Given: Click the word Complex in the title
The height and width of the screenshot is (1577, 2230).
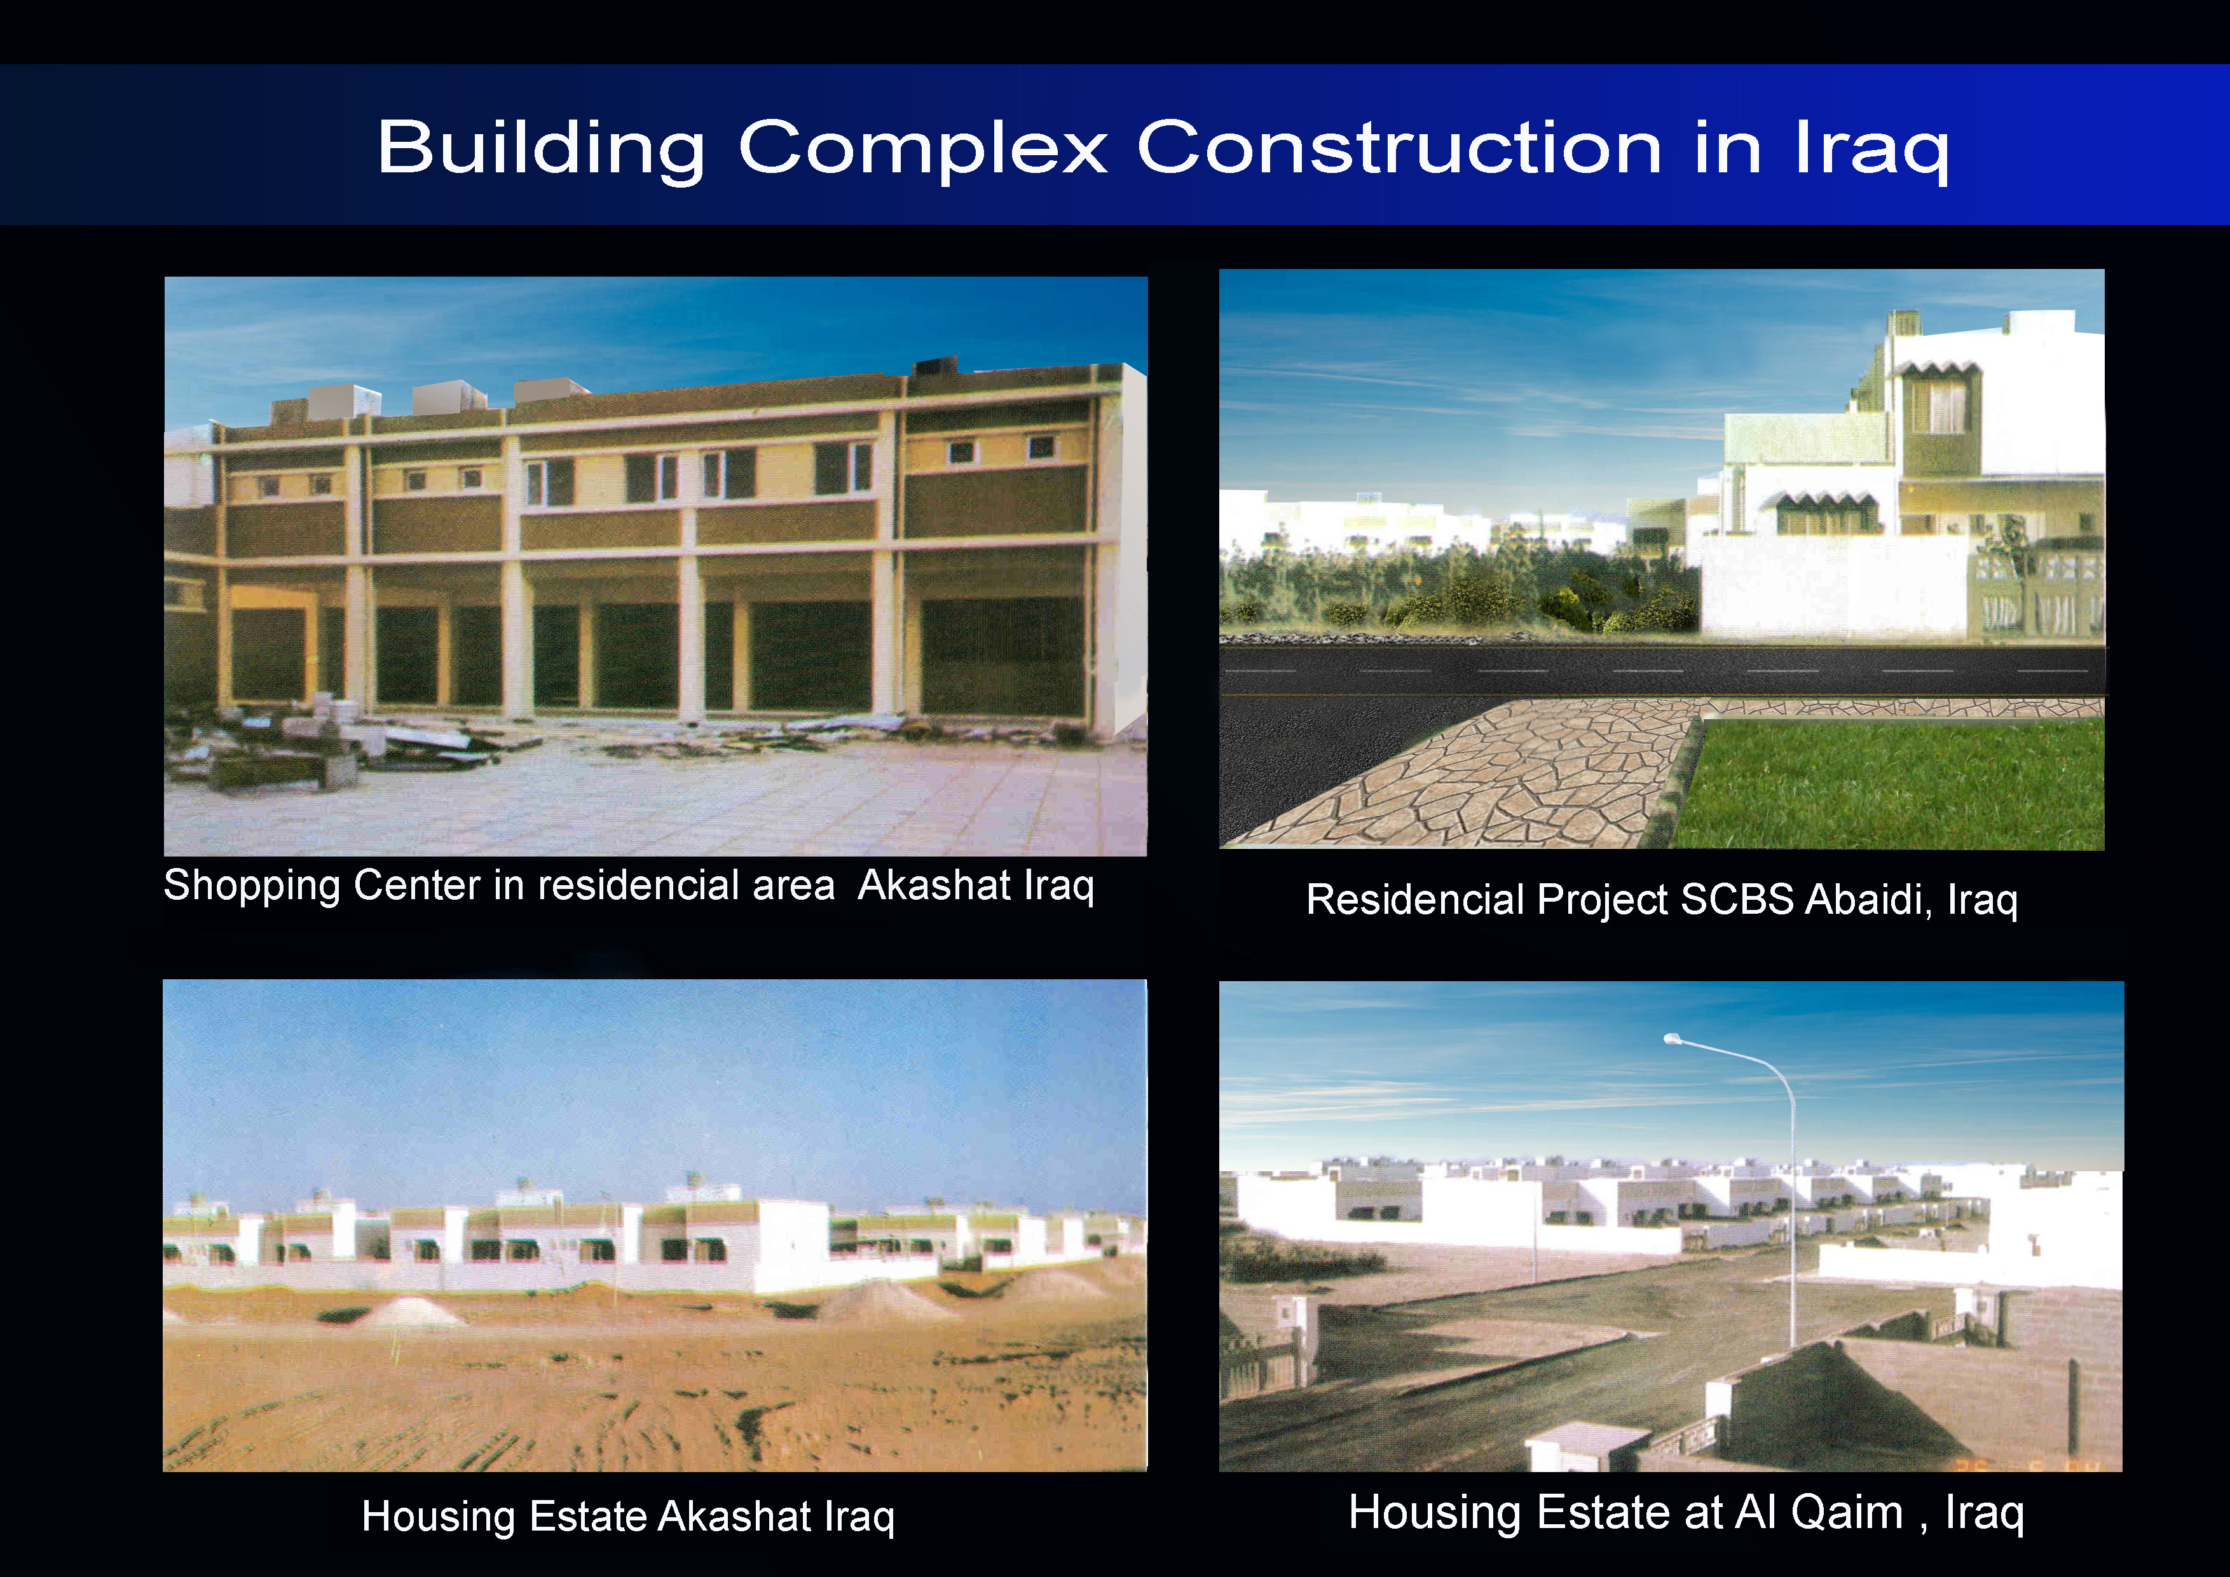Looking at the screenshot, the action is click(922, 149).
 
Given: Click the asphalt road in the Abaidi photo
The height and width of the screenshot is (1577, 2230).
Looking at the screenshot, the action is click(1661, 670).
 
